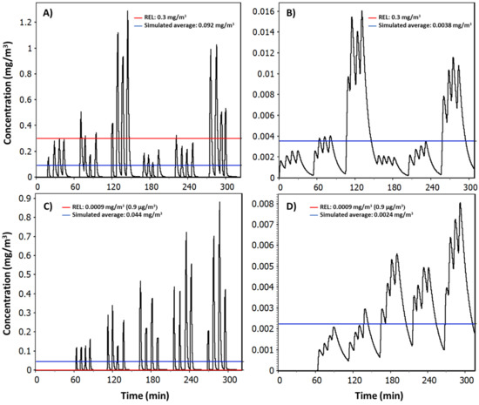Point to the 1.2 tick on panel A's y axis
click(25, 17)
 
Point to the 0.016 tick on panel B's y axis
click(259, 11)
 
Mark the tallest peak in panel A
click(127, 12)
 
